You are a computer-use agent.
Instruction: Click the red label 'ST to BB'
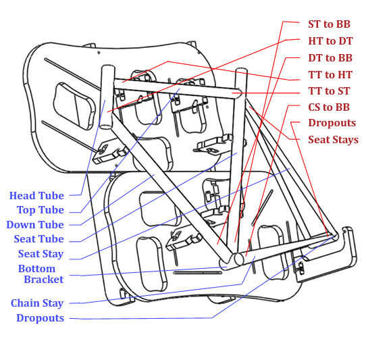(x=329, y=24)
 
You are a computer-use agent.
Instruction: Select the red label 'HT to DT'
(x=330, y=41)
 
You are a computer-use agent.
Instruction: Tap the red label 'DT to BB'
(x=330, y=58)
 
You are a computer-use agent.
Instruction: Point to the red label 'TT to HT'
(x=330, y=75)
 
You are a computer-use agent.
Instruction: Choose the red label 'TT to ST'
(x=329, y=91)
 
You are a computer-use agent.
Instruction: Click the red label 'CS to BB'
(x=329, y=107)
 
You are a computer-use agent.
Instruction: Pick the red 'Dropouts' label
(x=332, y=124)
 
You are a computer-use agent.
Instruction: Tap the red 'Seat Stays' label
(x=333, y=140)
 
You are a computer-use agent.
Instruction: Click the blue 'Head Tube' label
(x=36, y=196)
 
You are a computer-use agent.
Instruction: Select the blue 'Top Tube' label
(x=41, y=210)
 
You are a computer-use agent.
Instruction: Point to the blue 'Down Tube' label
(x=35, y=225)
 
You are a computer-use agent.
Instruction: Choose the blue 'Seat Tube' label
(x=39, y=239)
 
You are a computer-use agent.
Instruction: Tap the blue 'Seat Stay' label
(x=41, y=254)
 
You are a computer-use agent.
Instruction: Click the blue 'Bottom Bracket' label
(x=41, y=274)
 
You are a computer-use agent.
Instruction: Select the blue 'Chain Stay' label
(x=37, y=303)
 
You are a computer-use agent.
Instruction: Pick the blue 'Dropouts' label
(x=41, y=318)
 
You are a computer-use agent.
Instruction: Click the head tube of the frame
(x=107, y=97)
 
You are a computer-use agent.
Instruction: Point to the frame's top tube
(x=178, y=88)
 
